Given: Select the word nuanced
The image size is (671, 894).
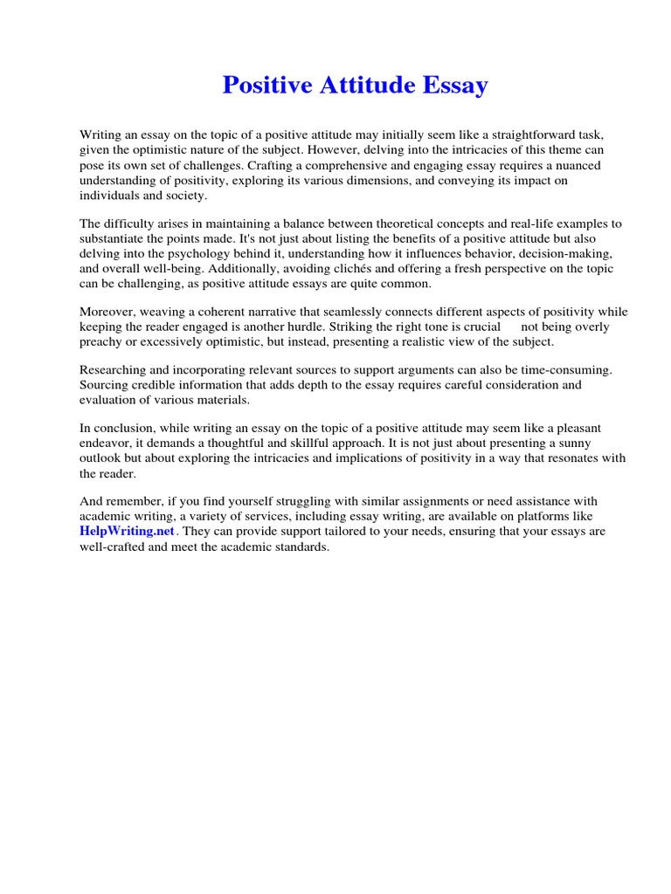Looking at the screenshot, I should [x=573, y=165].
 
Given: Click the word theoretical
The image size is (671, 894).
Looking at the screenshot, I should [x=399, y=224].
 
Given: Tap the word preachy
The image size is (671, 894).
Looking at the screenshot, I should [x=100, y=341].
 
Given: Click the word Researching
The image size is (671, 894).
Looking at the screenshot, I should [x=114, y=369].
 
